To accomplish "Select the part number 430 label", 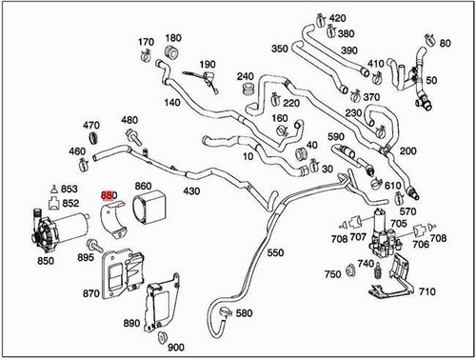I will (x=192, y=191).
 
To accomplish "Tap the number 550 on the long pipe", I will (x=274, y=254).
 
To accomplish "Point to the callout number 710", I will (x=426, y=290).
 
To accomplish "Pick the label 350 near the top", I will (x=279, y=49).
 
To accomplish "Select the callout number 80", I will (x=446, y=44).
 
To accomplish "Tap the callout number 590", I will (x=335, y=137).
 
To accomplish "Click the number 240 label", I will (x=246, y=76).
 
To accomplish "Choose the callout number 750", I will (x=332, y=274).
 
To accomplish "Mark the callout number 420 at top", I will (x=337, y=18).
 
